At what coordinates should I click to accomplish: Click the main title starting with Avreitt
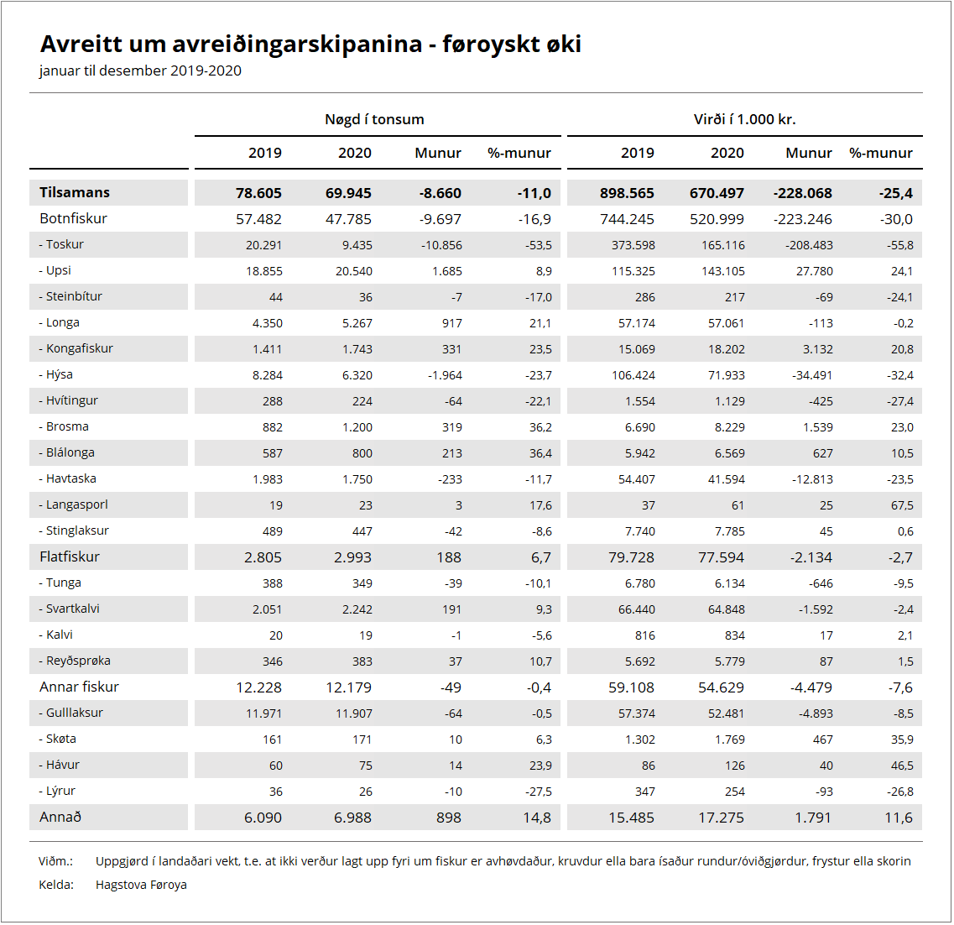(x=310, y=44)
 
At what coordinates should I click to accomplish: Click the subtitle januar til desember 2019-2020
(x=140, y=71)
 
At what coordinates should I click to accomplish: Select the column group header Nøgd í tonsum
(x=374, y=119)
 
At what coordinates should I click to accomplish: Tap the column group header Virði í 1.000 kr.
(x=744, y=119)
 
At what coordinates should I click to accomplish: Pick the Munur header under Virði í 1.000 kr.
(x=808, y=153)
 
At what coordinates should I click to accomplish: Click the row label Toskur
(x=65, y=244)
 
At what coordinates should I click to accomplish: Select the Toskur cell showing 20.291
(x=264, y=245)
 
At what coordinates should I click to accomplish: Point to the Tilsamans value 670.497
(x=717, y=193)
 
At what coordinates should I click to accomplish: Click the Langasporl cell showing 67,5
(x=902, y=505)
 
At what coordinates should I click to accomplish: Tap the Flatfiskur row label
(x=70, y=557)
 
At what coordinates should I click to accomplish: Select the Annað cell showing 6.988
(x=352, y=818)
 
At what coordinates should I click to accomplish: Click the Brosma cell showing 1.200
(x=357, y=427)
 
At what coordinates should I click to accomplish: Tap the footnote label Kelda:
(x=56, y=885)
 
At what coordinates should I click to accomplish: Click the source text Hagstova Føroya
(x=141, y=885)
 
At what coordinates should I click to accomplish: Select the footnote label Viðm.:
(x=55, y=861)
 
